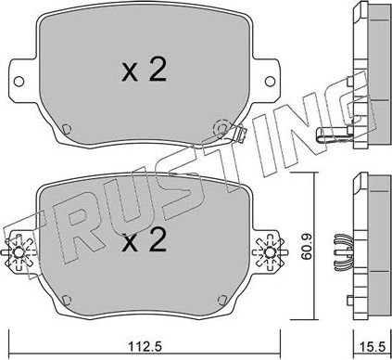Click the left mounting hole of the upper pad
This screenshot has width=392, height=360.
(x=19, y=82)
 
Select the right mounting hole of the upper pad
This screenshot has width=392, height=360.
(x=270, y=82)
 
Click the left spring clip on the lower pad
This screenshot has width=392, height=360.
(x=19, y=252)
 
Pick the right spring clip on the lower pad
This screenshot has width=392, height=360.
(x=271, y=252)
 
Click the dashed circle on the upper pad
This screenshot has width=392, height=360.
(x=222, y=127)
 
